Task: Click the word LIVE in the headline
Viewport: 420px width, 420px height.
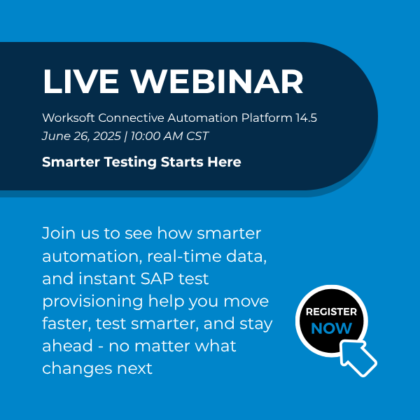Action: [x=80, y=81]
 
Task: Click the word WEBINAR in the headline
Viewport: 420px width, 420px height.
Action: [x=217, y=81]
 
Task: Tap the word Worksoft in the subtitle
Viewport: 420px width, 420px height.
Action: [x=69, y=118]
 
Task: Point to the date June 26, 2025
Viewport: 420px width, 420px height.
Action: [x=81, y=136]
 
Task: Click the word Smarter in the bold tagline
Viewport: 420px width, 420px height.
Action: [x=71, y=162]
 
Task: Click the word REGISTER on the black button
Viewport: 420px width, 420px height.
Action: [x=331, y=311]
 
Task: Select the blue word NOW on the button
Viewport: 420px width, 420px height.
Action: [x=331, y=328]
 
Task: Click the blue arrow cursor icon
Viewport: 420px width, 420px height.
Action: [x=358, y=358]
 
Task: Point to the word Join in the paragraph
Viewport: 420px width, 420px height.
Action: [x=59, y=233]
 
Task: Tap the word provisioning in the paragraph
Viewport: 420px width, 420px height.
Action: [x=92, y=302]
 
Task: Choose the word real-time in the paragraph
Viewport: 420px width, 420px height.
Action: [x=184, y=256]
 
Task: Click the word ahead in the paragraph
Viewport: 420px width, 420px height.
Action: [x=68, y=346]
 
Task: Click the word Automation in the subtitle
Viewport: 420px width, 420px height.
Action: [x=202, y=118]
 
